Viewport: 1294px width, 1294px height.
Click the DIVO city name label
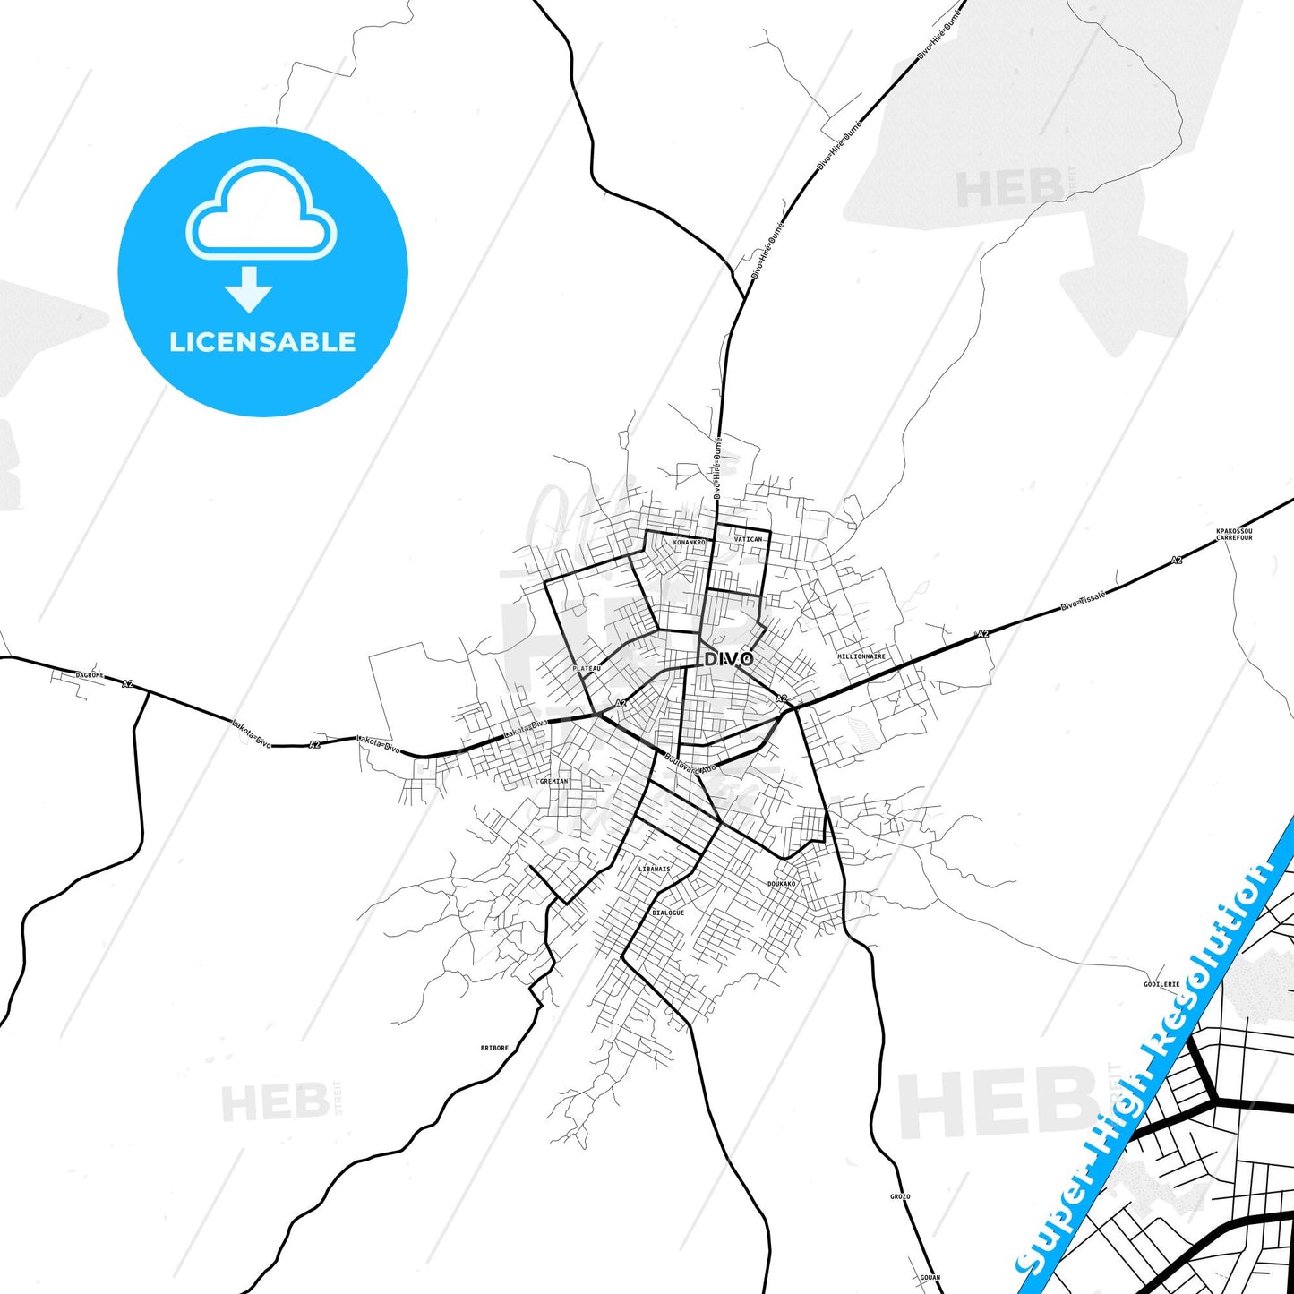[729, 659]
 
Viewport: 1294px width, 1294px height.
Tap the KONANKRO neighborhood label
[689, 543]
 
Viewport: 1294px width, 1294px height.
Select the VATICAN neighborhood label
[748, 539]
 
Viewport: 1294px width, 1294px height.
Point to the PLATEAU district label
[587, 668]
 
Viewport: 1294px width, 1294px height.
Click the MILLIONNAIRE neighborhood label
[861, 656]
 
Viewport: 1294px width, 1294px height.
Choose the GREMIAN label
[553, 781]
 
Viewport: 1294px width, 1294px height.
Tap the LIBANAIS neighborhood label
[654, 869]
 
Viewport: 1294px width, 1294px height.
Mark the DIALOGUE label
[667, 913]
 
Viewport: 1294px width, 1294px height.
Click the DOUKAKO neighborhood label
[781, 884]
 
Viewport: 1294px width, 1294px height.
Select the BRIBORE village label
[494, 1048]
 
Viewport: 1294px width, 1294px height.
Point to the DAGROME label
[90, 675]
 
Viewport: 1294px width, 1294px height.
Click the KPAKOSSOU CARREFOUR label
[1234, 535]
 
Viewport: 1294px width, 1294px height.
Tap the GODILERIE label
[1161, 984]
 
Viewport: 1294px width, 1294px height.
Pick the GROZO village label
[900, 1196]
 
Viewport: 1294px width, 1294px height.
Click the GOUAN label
[930, 1278]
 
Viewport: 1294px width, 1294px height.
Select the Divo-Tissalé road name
[1084, 600]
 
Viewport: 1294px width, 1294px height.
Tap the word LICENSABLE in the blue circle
[262, 342]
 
